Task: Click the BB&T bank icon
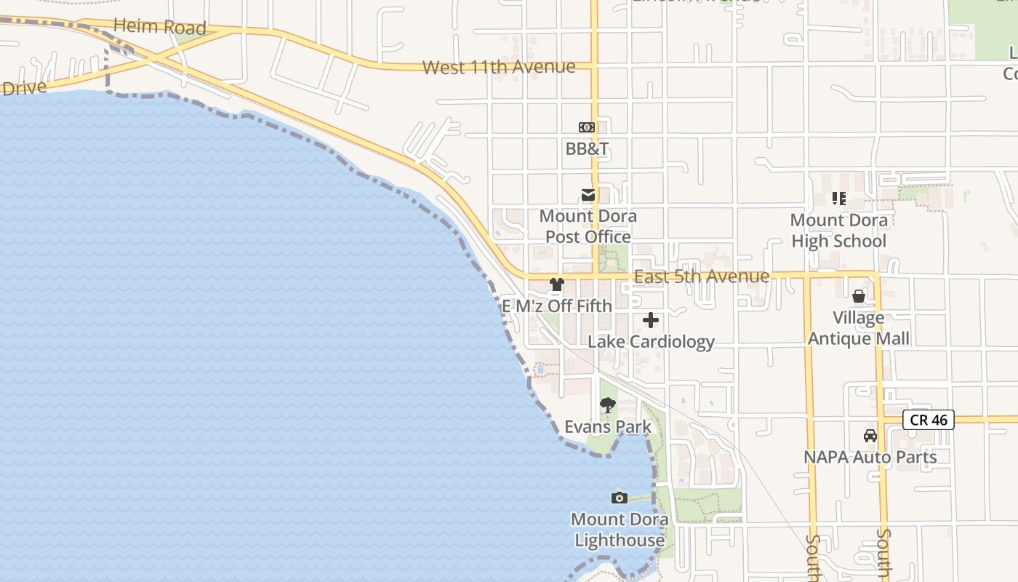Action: (x=587, y=127)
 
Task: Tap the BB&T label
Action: (x=588, y=149)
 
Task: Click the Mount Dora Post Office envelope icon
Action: (x=588, y=195)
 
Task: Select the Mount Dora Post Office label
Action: (x=588, y=226)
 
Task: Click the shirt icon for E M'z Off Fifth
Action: (x=557, y=284)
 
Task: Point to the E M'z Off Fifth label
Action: (x=557, y=306)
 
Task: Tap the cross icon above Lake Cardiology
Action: (x=651, y=320)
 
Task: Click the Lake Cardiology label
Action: (x=651, y=341)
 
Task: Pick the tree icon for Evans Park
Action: (x=608, y=405)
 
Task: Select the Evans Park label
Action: (x=608, y=426)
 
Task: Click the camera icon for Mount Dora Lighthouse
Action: (x=620, y=498)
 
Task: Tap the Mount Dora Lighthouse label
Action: (x=620, y=530)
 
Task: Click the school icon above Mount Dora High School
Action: (x=839, y=198)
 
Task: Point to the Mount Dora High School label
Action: (x=839, y=230)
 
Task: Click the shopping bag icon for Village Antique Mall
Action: (x=859, y=296)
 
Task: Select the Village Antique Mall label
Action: (x=859, y=328)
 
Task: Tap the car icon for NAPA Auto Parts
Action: (x=870, y=436)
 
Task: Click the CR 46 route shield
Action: (x=929, y=420)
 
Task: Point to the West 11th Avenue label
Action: (x=499, y=67)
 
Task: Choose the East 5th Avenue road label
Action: (x=702, y=276)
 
